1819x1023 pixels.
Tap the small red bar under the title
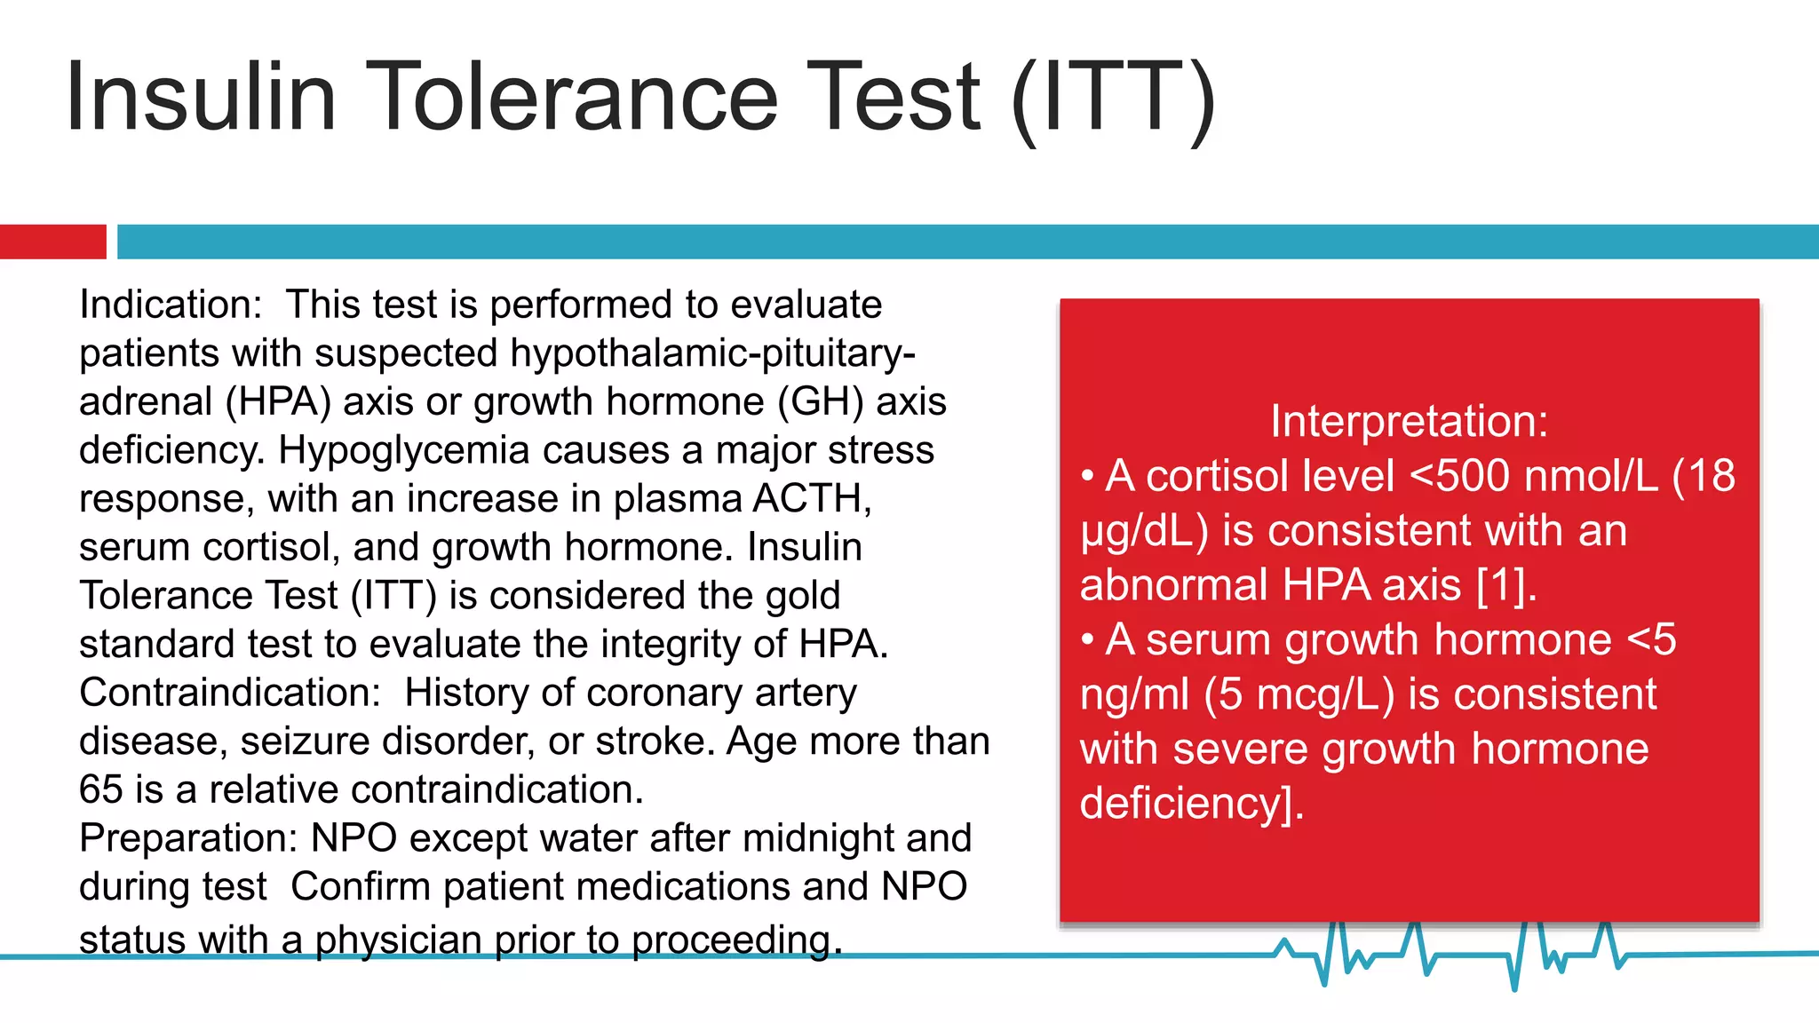click(52, 242)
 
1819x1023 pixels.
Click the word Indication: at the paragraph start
click(171, 305)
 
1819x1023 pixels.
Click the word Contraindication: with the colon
click(230, 693)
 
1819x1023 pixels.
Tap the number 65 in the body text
click(100, 789)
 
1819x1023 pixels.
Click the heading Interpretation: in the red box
click(1409, 421)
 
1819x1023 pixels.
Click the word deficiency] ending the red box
click(1189, 805)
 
